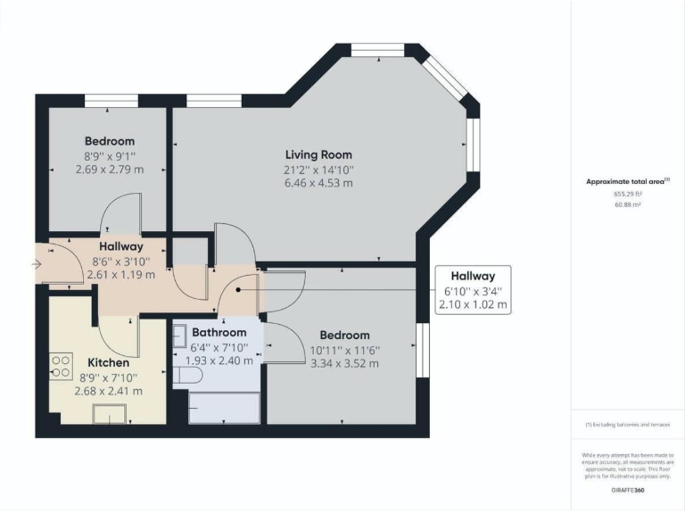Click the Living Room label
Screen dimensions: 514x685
(318, 153)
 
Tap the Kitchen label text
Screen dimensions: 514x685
(108, 363)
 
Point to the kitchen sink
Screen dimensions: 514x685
(111, 412)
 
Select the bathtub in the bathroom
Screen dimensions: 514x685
(226, 408)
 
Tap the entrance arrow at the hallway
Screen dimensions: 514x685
(35, 264)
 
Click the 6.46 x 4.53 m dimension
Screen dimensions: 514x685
(318, 183)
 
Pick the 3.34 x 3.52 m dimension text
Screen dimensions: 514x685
(344, 363)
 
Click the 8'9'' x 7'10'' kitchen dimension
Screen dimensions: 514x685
(109, 377)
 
